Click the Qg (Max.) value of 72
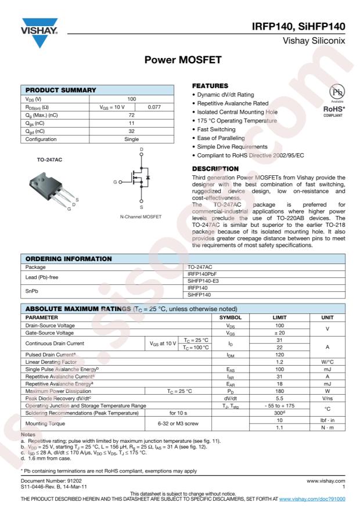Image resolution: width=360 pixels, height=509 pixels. pos(132,115)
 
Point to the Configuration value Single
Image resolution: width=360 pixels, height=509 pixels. pos(132,139)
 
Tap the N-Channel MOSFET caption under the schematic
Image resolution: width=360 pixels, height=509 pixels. pos(141,216)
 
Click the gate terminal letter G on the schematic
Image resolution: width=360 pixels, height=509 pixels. pos(115,183)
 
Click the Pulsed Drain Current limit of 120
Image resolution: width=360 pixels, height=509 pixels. pos(279,354)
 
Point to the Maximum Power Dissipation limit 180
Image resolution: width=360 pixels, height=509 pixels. pos(279,391)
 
